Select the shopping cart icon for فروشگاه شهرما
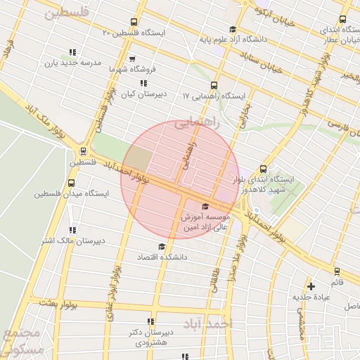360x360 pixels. (131, 59)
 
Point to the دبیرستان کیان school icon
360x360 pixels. (144, 83)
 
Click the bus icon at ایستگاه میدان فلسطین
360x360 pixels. (70, 183)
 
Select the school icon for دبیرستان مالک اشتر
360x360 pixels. (72, 230)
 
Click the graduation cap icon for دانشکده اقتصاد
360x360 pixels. (162, 246)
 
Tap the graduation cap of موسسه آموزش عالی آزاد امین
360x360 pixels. (205, 206)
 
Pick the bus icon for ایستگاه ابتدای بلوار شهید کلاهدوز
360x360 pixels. (263, 169)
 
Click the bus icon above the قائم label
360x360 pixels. (337, 271)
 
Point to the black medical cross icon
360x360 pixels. (311, 286)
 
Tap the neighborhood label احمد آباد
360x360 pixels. (208, 324)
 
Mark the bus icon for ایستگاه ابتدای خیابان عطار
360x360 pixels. (342, 20)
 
